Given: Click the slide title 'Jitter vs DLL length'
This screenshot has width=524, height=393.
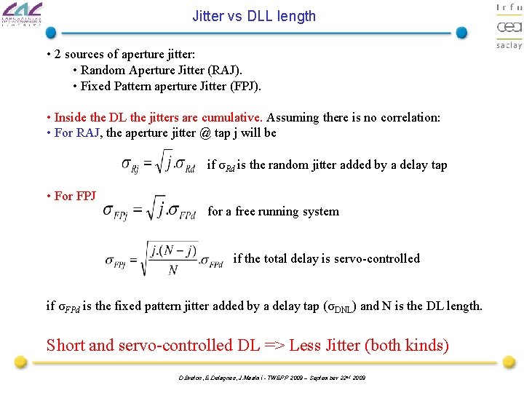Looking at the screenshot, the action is tap(254, 16).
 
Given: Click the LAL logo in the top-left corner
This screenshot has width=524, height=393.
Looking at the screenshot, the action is tap(22, 14).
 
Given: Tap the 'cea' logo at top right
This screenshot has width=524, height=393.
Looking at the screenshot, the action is tap(509, 27).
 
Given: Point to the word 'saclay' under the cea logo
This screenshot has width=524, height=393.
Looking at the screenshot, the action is tap(509, 45).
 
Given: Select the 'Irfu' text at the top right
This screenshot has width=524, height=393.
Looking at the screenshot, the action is tap(509, 7).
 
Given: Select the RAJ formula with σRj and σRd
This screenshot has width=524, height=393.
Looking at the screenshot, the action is tap(158, 164).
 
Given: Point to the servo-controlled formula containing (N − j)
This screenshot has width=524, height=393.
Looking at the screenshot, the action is tap(164, 259).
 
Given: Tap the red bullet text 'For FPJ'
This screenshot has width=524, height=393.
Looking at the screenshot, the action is tap(75, 196).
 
